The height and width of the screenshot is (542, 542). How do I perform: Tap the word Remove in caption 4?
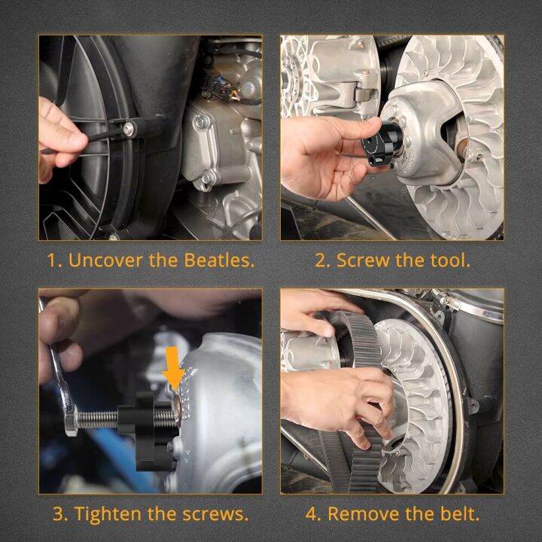coord(360,515)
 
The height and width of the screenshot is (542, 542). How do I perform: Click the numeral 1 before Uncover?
coord(53,260)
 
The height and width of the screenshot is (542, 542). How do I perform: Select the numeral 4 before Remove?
coord(311,515)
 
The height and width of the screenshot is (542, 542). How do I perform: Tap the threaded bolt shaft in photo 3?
coord(102,419)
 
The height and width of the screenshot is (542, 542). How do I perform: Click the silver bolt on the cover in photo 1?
coord(130,130)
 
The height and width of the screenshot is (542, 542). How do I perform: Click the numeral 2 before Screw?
coord(321,260)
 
